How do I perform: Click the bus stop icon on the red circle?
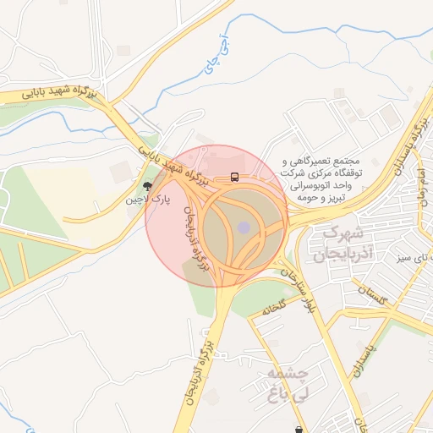click(233, 178)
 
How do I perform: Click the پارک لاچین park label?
click(149, 200)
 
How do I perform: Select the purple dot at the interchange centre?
click(244, 227)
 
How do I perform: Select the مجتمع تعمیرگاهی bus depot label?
click(324, 160)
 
